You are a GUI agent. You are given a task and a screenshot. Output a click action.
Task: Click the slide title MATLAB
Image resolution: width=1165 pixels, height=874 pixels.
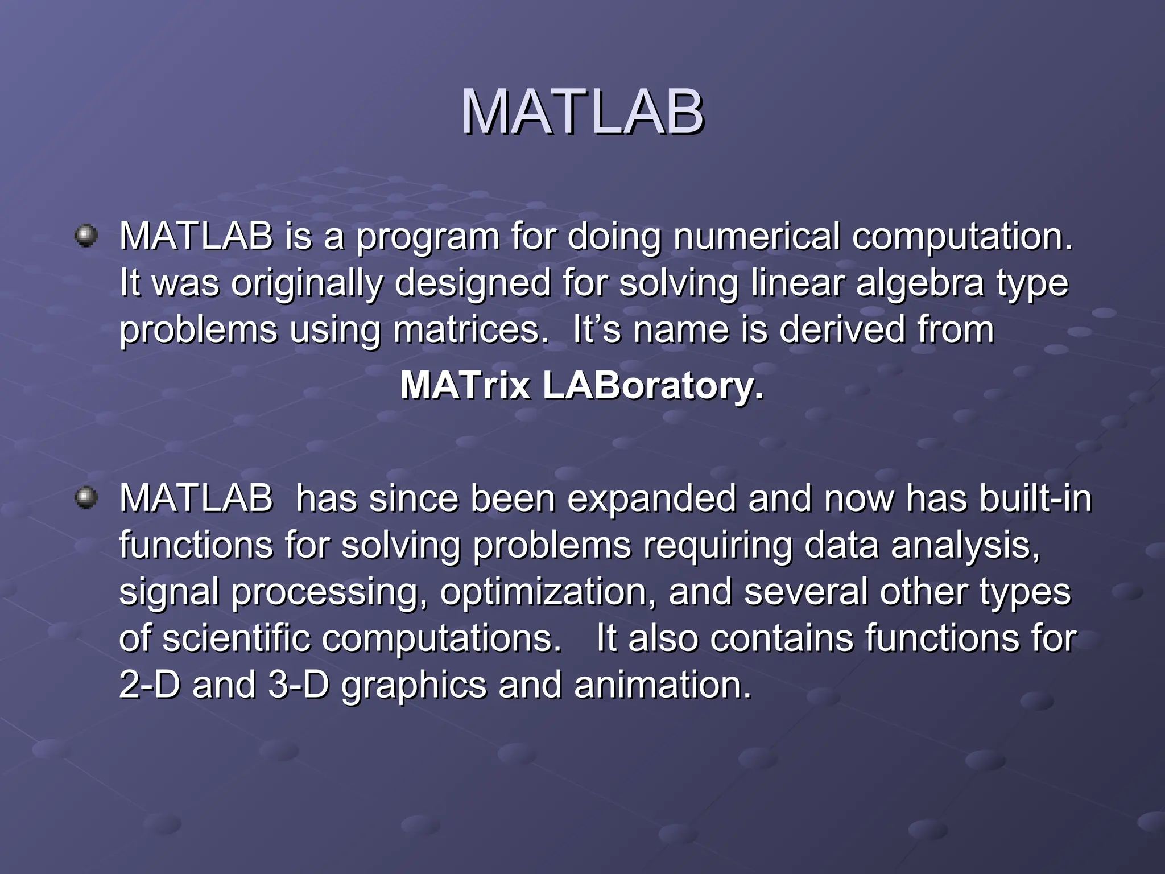pos(582,112)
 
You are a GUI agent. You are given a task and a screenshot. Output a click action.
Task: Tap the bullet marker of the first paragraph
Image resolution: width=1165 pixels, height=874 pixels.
pos(86,236)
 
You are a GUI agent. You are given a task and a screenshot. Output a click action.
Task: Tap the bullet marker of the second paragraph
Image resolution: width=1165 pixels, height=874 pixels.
pos(86,498)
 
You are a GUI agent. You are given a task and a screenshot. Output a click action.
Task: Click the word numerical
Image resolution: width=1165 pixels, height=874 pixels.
pos(757,236)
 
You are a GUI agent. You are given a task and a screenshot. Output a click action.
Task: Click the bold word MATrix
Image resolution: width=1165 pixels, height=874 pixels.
pos(465,386)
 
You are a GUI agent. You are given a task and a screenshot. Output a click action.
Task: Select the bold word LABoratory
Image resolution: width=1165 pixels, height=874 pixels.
pos(653,386)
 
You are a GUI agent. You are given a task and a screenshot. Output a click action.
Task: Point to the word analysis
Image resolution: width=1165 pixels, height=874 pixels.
pos(965,545)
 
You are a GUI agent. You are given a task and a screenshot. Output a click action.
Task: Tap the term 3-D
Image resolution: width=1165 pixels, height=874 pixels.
pos(299,685)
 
